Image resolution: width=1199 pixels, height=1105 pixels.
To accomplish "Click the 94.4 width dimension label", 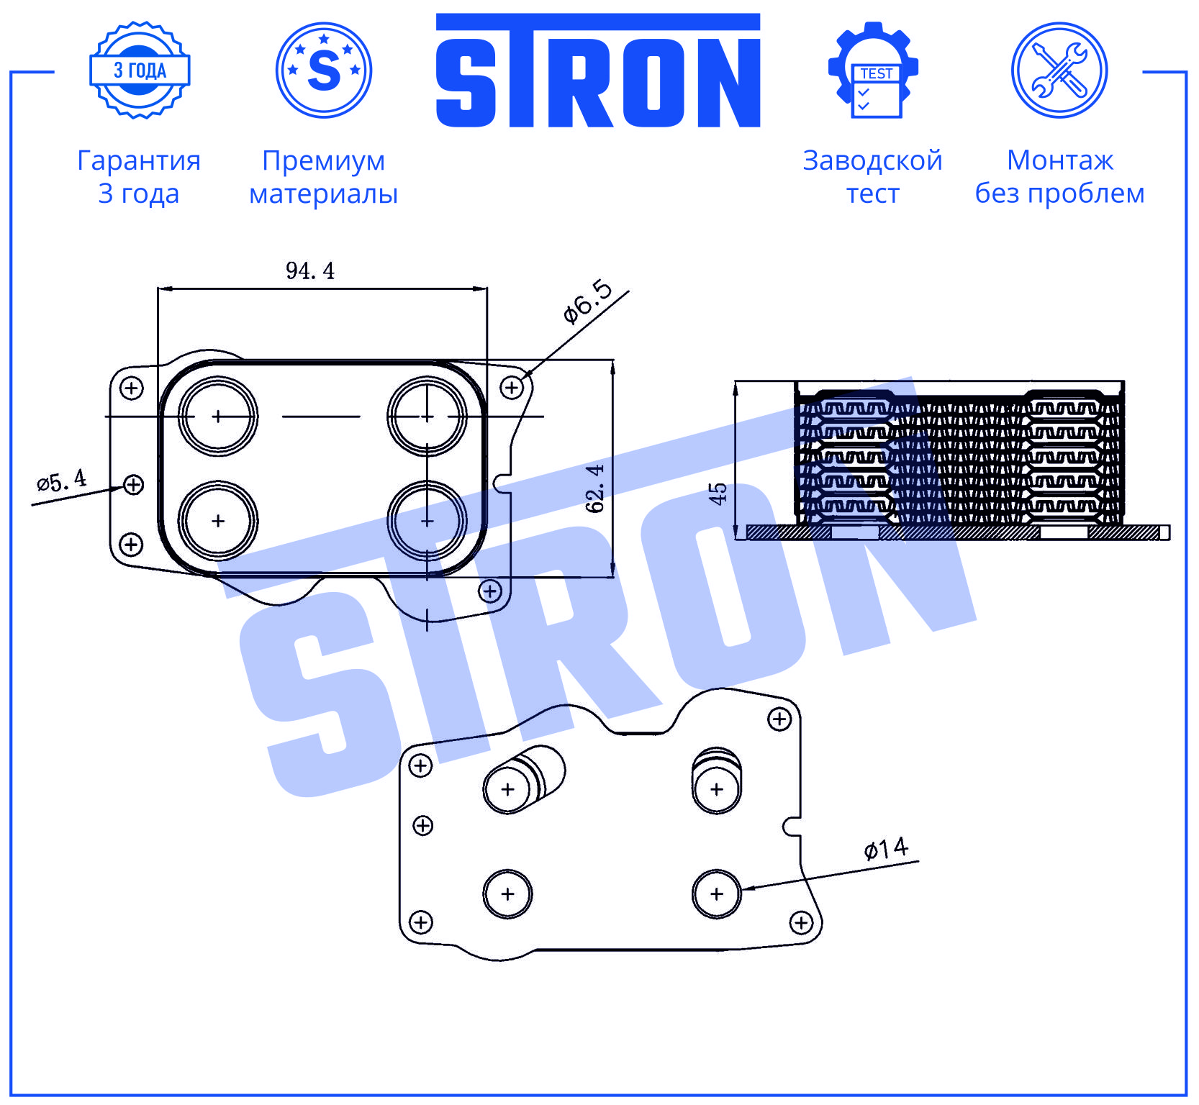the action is coord(310,271).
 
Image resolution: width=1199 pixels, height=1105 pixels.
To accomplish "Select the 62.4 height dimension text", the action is coord(595,488).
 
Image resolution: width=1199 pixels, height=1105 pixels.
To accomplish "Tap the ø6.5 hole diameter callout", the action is coord(588,302).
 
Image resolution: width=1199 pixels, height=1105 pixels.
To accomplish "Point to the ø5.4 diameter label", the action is coord(61,480).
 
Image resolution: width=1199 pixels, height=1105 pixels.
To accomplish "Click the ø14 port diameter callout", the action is coord(886,849).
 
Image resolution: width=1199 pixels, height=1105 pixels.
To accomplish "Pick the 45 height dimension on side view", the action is coord(718,494).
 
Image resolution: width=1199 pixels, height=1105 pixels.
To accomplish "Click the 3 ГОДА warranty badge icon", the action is coord(140,70).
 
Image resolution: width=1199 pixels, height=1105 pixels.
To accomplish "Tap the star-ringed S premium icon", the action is coord(324,70).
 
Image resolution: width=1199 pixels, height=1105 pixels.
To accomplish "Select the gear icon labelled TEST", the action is coord(873,70).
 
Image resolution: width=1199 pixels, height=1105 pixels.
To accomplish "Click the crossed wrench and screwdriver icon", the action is coord(1059,70).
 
